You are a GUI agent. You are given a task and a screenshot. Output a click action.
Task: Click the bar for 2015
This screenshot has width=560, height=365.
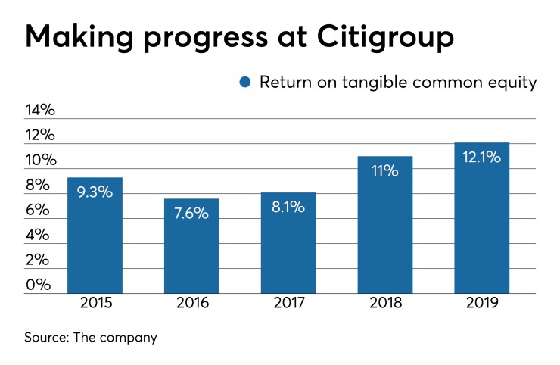[x=95, y=236]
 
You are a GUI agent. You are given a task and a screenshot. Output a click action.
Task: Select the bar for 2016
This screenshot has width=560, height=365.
[x=191, y=246]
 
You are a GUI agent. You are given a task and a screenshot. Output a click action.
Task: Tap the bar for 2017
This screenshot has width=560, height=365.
[x=288, y=243]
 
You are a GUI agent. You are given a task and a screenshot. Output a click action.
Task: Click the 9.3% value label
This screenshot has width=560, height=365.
[x=95, y=192]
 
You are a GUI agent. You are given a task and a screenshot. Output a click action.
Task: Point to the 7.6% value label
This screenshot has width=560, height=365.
[x=191, y=214]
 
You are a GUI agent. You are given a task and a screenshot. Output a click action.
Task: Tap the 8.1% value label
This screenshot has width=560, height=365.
[x=288, y=207]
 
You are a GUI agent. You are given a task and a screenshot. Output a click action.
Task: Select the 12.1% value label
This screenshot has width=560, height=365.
[x=481, y=158]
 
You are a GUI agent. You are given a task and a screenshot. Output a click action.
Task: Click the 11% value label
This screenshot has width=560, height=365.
[x=385, y=171]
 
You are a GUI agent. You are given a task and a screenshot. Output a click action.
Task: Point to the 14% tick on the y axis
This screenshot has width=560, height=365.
[x=40, y=111]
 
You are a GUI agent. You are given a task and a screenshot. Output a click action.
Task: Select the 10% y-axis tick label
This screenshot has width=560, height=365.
[x=40, y=161]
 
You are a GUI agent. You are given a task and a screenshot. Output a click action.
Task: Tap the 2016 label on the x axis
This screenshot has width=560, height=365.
[x=191, y=305]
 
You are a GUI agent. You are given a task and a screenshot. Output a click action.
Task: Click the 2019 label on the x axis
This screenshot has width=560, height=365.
[x=481, y=305]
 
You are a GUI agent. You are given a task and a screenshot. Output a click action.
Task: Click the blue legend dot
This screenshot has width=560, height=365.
[x=244, y=83]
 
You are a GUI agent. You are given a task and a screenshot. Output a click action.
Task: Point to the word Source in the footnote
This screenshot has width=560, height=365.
[x=46, y=337]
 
